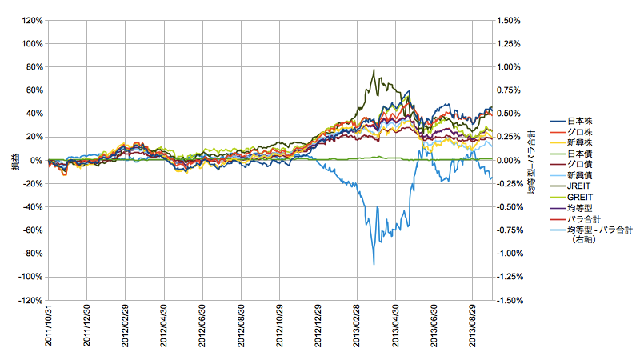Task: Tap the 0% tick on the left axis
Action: pyautogui.click(x=35, y=160)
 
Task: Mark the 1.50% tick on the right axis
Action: pyautogui.click(x=510, y=20)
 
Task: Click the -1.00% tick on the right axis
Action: pyautogui.click(x=509, y=254)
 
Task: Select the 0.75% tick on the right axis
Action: pyautogui.click(x=510, y=90)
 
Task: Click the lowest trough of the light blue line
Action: pyautogui.click(x=374, y=264)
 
